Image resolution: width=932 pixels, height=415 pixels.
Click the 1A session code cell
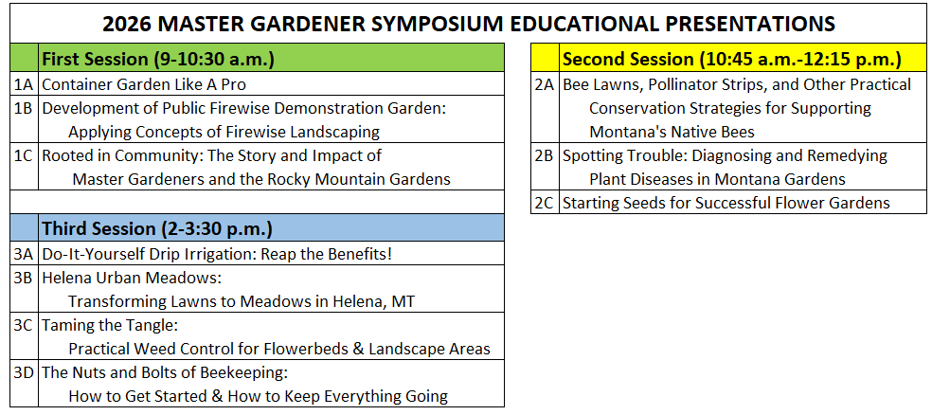[x=25, y=84]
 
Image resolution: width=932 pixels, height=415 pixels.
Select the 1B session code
[x=25, y=108]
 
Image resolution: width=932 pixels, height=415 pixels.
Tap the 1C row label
[x=25, y=155]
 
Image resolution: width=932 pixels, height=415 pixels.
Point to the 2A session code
[x=545, y=84]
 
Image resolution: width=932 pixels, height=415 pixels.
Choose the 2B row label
[x=545, y=155]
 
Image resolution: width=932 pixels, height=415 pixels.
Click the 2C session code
[x=545, y=203]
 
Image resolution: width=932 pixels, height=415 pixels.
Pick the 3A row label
[x=25, y=255]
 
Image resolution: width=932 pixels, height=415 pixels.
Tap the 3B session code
[x=25, y=278]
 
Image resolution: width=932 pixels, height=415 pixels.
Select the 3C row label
[x=25, y=325]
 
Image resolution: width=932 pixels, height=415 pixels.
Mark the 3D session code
[x=25, y=372]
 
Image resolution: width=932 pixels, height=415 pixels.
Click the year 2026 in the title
[x=125, y=24]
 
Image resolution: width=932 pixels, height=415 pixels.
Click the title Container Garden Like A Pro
[x=144, y=84]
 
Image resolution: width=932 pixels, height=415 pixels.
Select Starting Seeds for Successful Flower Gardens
[x=726, y=203]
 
